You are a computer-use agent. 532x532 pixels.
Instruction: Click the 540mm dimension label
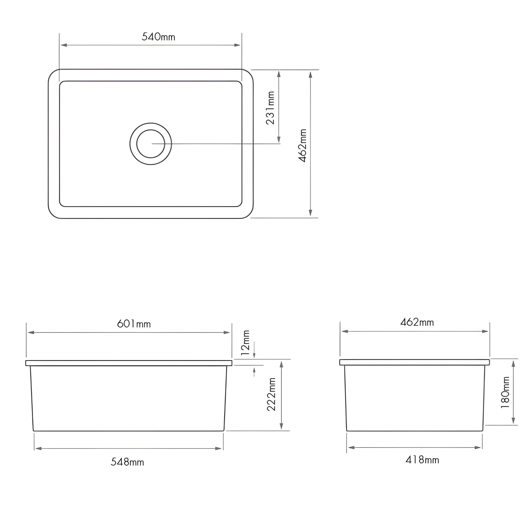pos(158,37)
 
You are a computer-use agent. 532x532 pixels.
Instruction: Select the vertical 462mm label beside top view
pos(303,145)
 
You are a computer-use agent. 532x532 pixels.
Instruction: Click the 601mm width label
pos(134,324)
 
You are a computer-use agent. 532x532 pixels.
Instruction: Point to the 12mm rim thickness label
pos(245,343)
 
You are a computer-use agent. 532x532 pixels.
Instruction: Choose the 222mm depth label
pos(271,395)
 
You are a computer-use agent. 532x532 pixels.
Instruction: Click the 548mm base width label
pos(127,462)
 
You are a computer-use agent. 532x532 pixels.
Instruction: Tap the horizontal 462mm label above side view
pos(417,322)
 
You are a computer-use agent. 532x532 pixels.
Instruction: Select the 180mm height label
pos(506,396)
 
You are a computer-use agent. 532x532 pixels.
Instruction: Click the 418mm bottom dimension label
pos(422,460)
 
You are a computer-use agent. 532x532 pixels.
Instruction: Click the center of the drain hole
pos(151,144)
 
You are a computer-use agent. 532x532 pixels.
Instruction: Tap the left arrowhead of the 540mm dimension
pos(64,45)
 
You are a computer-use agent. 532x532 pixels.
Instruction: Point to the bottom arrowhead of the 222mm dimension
pos(281,426)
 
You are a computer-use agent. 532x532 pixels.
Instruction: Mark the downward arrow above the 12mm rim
pos(254,355)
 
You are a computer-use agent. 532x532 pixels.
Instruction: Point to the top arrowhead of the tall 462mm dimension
pos(311,75)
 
